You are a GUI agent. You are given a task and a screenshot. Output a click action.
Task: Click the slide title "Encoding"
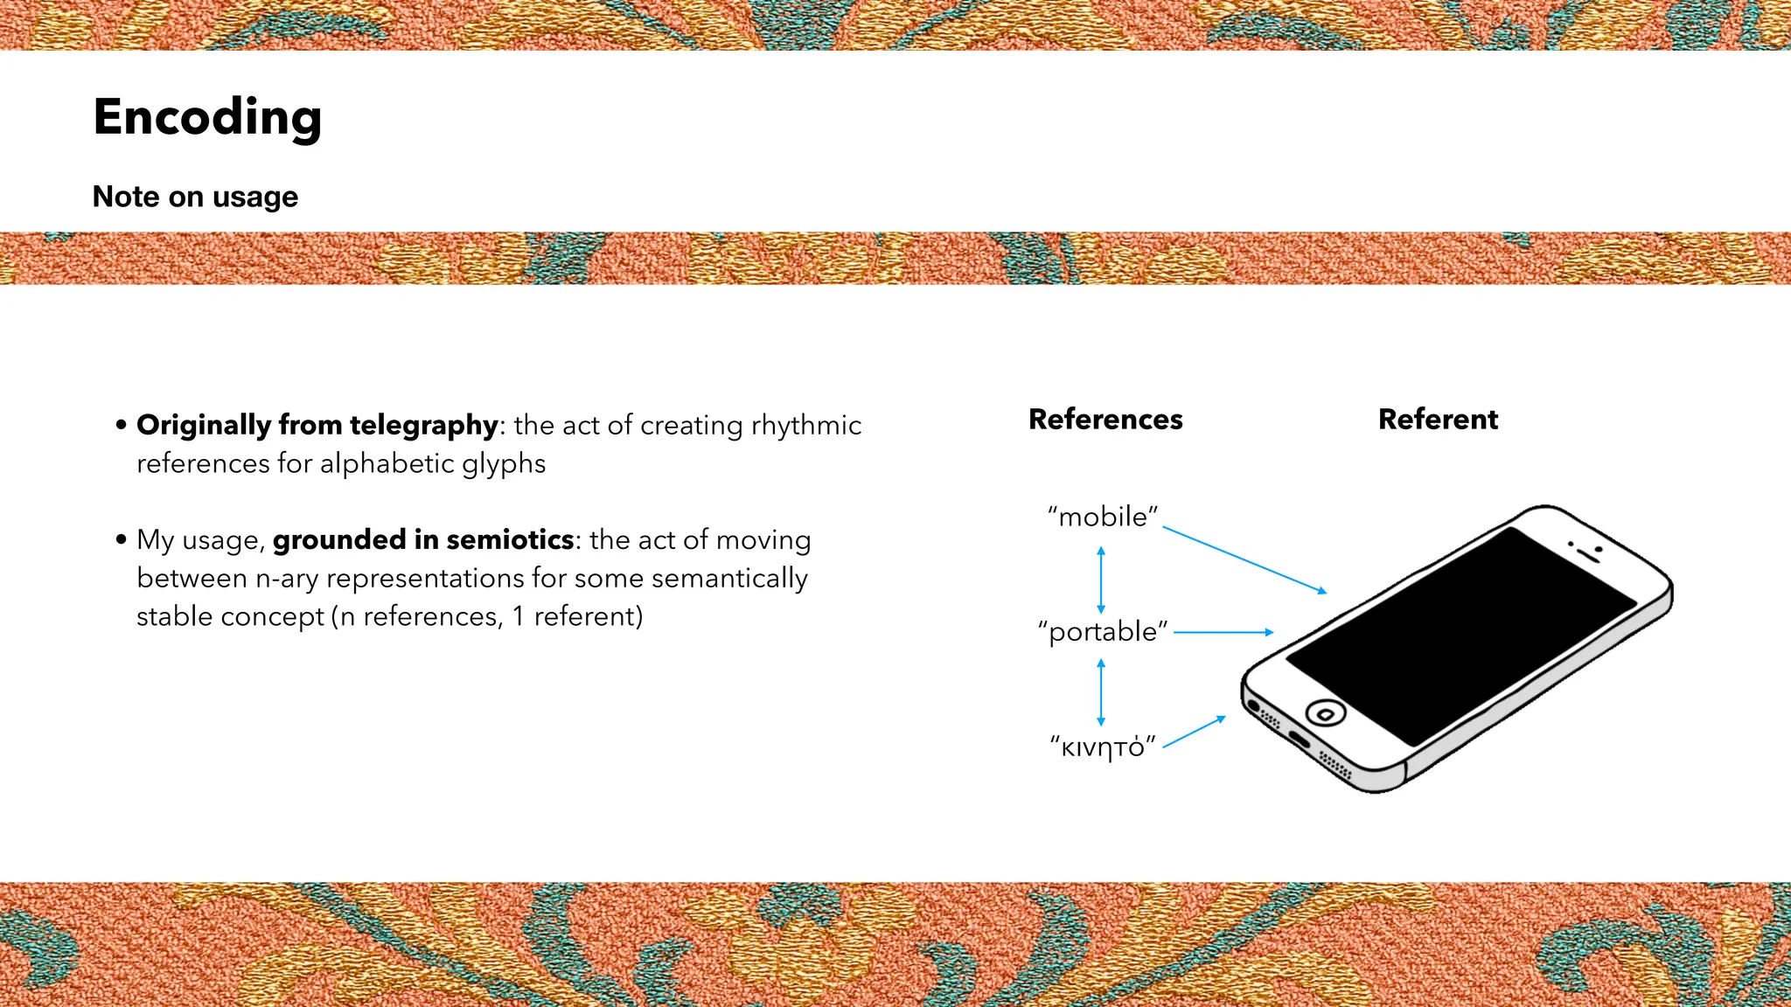pyautogui.click(x=207, y=118)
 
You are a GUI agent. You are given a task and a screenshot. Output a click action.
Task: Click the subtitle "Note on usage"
pyautogui.click(x=195, y=197)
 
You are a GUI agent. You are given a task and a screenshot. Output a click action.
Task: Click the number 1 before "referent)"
pyautogui.click(x=518, y=616)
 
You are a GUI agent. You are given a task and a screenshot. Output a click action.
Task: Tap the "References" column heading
pyautogui.click(x=1105, y=420)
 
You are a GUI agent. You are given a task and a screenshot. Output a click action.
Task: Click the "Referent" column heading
pyautogui.click(x=1438, y=420)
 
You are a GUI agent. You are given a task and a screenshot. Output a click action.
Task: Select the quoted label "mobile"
pyautogui.click(x=1103, y=517)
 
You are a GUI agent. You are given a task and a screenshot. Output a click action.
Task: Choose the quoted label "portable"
pyautogui.click(x=1103, y=631)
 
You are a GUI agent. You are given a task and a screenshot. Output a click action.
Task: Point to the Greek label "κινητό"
pyautogui.click(x=1103, y=747)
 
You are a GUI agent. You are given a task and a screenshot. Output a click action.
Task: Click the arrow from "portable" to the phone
pyautogui.click(x=1223, y=632)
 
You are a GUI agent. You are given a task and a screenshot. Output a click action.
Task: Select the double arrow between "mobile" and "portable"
pyautogui.click(x=1101, y=580)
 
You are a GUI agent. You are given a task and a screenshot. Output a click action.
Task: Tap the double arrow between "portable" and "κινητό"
pyautogui.click(x=1101, y=692)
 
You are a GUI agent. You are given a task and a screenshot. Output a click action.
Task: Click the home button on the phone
pyautogui.click(x=1325, y=714)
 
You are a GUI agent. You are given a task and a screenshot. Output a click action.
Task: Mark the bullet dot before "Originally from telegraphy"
pyautogui.click(x=121, y=426)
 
